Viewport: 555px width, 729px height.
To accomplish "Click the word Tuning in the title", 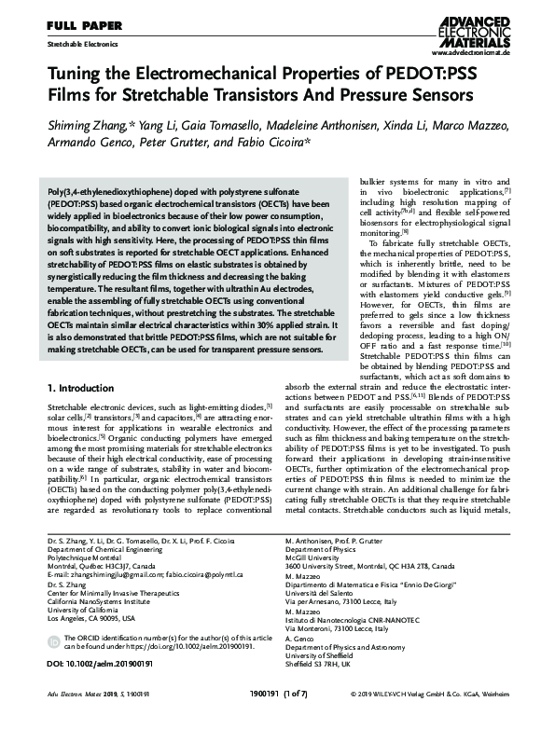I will [79, 75].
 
